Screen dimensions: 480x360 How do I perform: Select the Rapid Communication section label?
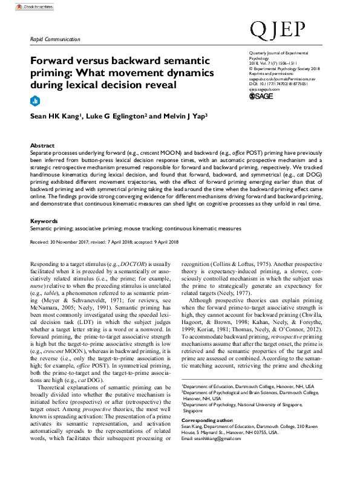55,39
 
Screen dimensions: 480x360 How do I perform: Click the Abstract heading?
42,146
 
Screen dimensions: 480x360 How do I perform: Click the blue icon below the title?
34,100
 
